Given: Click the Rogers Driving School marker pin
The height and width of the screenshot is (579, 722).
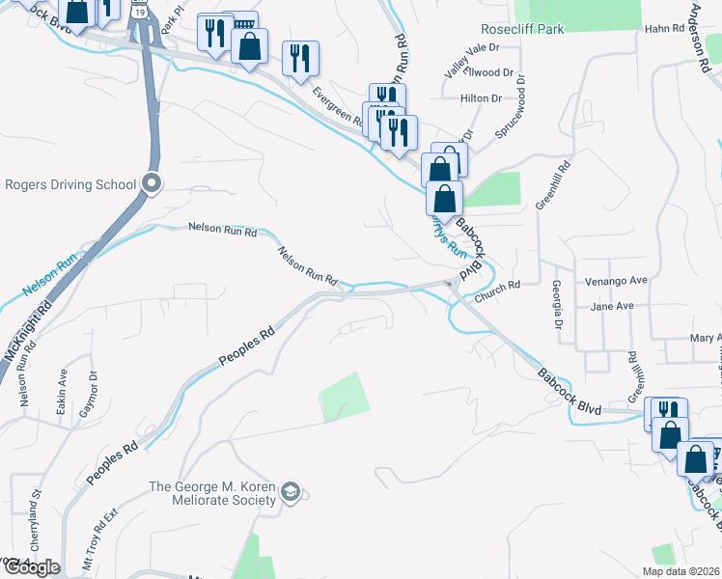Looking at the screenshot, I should point(151,182).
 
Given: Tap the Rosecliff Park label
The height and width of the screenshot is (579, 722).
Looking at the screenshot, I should point(524,30).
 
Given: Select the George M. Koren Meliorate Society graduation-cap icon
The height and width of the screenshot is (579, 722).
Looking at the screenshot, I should point(290,494).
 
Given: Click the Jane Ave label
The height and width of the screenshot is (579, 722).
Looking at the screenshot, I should point(611,306).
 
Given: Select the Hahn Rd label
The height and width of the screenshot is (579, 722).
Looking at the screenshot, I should point(664,30).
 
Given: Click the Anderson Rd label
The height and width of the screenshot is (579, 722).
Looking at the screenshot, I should point(703,29).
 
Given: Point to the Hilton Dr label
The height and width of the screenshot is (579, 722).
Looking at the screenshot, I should point(483,98).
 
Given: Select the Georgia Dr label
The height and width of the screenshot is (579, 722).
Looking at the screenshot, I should point(558,305).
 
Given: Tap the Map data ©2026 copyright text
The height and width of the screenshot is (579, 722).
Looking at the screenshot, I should point(680,571).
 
